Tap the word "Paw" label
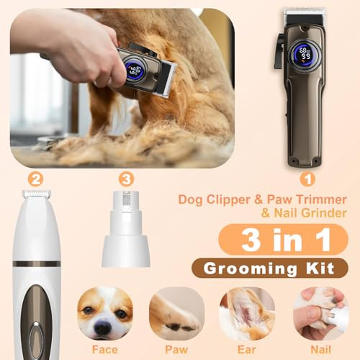click(177, 351)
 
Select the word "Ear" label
click(246, 351)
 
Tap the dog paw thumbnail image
click(177, 313)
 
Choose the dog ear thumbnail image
click(247, 313)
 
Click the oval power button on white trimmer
click(35, 331)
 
